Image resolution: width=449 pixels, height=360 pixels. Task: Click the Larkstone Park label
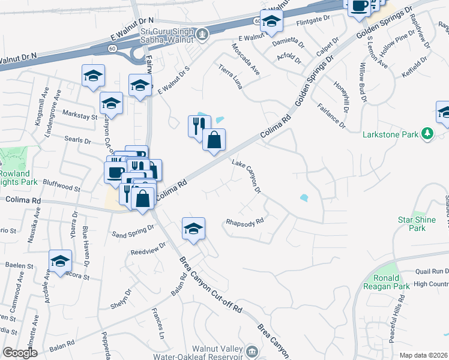click(x=390, y=134)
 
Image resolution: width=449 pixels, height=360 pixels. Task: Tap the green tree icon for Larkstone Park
click(x=427, y=133)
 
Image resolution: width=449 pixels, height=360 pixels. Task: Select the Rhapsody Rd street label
click(x=245, y=221)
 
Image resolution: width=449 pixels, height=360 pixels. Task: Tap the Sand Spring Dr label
click(x=133, y=232)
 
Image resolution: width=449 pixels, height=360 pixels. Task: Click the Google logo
click(x=20, y=353)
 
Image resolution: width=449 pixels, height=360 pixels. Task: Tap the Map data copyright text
click(x=424, y=355)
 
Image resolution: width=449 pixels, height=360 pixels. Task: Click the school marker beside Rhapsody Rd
click(x=193, y=229)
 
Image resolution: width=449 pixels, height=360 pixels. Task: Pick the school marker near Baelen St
click(x=61, y=261)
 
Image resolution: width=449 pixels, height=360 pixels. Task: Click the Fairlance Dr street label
click(x=331, y=117)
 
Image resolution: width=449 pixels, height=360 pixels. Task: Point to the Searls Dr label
click(x=76, y=141)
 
